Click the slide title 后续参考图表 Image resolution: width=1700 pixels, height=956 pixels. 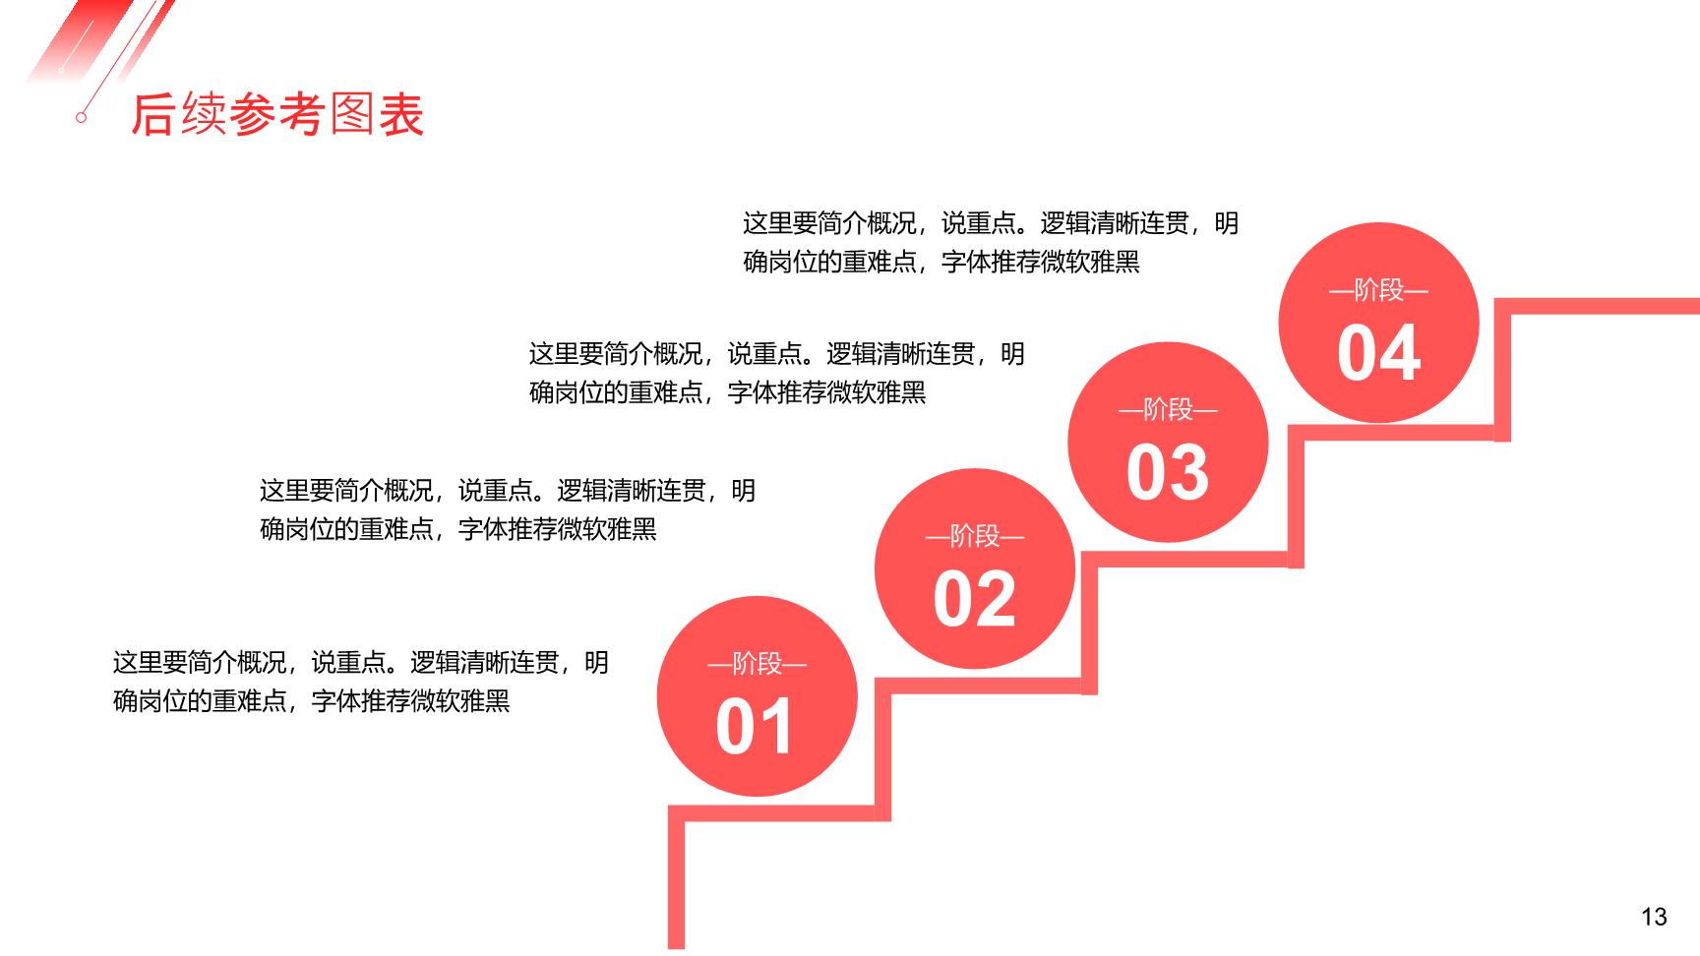(277, 115)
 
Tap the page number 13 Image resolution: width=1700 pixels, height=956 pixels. (1654, 917)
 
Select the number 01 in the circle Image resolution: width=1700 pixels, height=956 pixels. (755, 728)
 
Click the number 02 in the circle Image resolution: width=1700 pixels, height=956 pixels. (974, 600)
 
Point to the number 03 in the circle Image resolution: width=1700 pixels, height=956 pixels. (1167, 473)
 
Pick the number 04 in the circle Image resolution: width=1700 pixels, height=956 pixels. (1378, 353)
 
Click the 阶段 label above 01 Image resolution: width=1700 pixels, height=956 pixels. (757, 664)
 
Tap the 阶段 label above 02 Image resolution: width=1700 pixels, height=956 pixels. (974, 536)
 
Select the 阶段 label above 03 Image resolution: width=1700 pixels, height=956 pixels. (1168, 409)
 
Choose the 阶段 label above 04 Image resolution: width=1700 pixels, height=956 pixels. (1378, 290)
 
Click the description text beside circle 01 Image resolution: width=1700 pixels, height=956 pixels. (361, 682)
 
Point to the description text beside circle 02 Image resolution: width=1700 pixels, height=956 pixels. (508, 509)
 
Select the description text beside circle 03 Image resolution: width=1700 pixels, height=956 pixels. (777, 373)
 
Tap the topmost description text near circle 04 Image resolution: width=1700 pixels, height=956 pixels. (991, 242)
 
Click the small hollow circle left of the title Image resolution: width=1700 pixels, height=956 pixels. (82, 117)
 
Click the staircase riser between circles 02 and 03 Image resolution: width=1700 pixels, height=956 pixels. (1089, 624)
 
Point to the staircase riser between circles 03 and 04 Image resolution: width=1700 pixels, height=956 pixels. (1296, 497)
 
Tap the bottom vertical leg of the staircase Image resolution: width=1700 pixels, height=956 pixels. (676, 877)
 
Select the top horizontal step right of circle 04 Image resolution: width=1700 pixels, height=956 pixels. (1597, 306)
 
